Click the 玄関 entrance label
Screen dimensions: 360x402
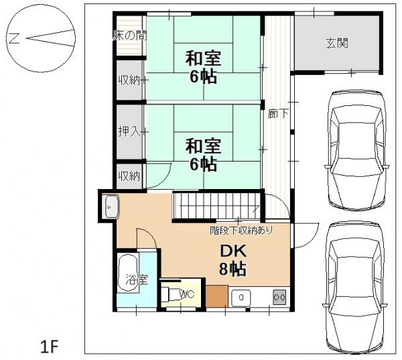pyautogui.click(x=337, y=44)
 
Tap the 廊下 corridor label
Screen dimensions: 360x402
pyautogui.click(x=278, y=114)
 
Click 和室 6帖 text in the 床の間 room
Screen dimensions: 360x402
pyautogui.click(x=201, y=67)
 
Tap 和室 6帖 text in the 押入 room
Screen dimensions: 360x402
pyautogui.click(x=201, y=154)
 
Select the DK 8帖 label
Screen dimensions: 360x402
pyautogui.click(x=232, y=260)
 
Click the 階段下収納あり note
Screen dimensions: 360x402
pyautogui.click(x=241, y=230)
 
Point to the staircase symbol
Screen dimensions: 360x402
pyautogui.click(x=216, y=205)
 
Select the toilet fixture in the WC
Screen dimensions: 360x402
pyautogui.click(x=171, y=294)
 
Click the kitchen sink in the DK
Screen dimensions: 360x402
pyautogui.click(x=239, y=296)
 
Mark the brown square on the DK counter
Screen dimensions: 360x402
pyautogui.click(x=216, y=296)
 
